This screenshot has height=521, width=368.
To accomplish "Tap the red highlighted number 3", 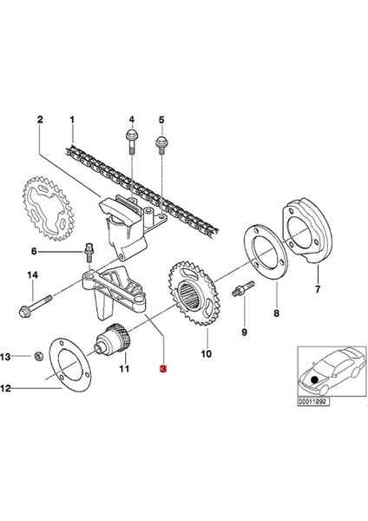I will click(161, 368).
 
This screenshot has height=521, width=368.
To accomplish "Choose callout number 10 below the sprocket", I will click(206, 353).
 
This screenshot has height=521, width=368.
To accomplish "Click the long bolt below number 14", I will click(32, 305).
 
